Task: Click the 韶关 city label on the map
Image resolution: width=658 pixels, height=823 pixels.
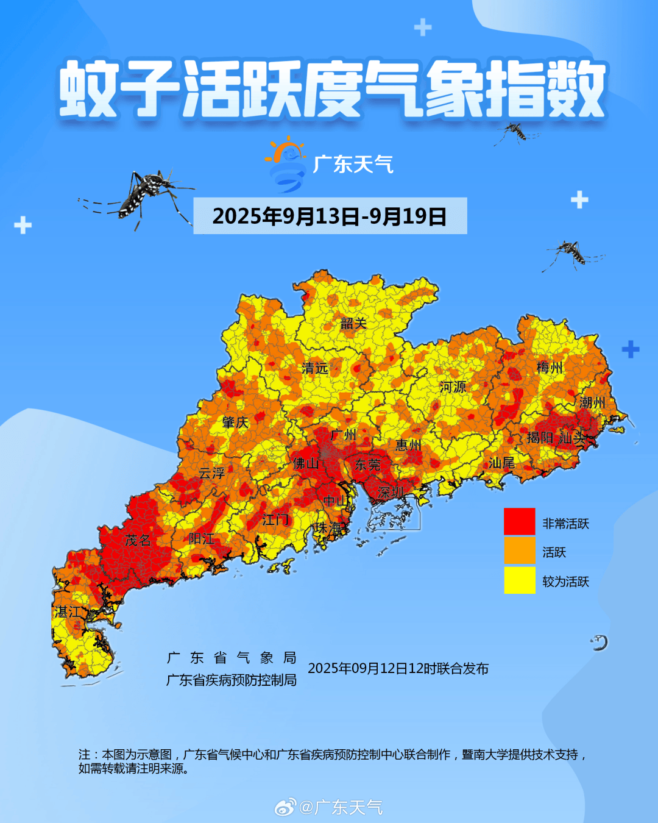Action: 353,324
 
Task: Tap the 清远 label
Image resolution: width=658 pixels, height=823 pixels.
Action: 315,368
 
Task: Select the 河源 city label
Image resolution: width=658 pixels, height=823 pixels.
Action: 453,387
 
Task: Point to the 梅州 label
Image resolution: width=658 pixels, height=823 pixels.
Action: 550,368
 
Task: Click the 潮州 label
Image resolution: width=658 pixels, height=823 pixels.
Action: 592,402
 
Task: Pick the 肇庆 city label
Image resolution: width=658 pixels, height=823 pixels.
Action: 235,422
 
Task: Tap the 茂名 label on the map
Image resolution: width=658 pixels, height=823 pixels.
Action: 138,540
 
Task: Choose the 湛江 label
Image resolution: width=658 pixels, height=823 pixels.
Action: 68,612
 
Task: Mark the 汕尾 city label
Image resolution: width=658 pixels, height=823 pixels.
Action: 501,463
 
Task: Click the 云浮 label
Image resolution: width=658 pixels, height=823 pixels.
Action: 211,473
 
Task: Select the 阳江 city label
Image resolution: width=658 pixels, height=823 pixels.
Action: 201,539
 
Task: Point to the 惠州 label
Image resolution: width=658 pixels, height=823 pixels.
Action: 408,446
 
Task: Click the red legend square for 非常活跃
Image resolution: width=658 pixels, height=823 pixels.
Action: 519,522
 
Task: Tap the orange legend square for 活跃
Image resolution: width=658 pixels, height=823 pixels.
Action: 519,551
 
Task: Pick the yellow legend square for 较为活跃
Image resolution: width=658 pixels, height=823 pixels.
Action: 519,580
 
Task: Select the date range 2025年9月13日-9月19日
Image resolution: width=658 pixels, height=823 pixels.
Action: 330,216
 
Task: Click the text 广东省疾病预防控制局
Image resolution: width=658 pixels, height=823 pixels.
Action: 232,680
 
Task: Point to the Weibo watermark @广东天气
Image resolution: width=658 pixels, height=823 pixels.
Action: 330,807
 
